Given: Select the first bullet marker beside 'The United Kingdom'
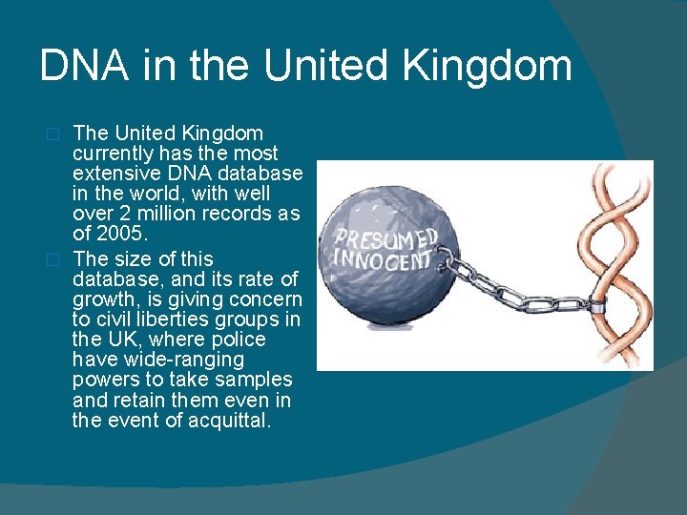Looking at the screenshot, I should coord(54,134).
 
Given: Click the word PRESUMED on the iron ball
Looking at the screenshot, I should coord(385,239).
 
